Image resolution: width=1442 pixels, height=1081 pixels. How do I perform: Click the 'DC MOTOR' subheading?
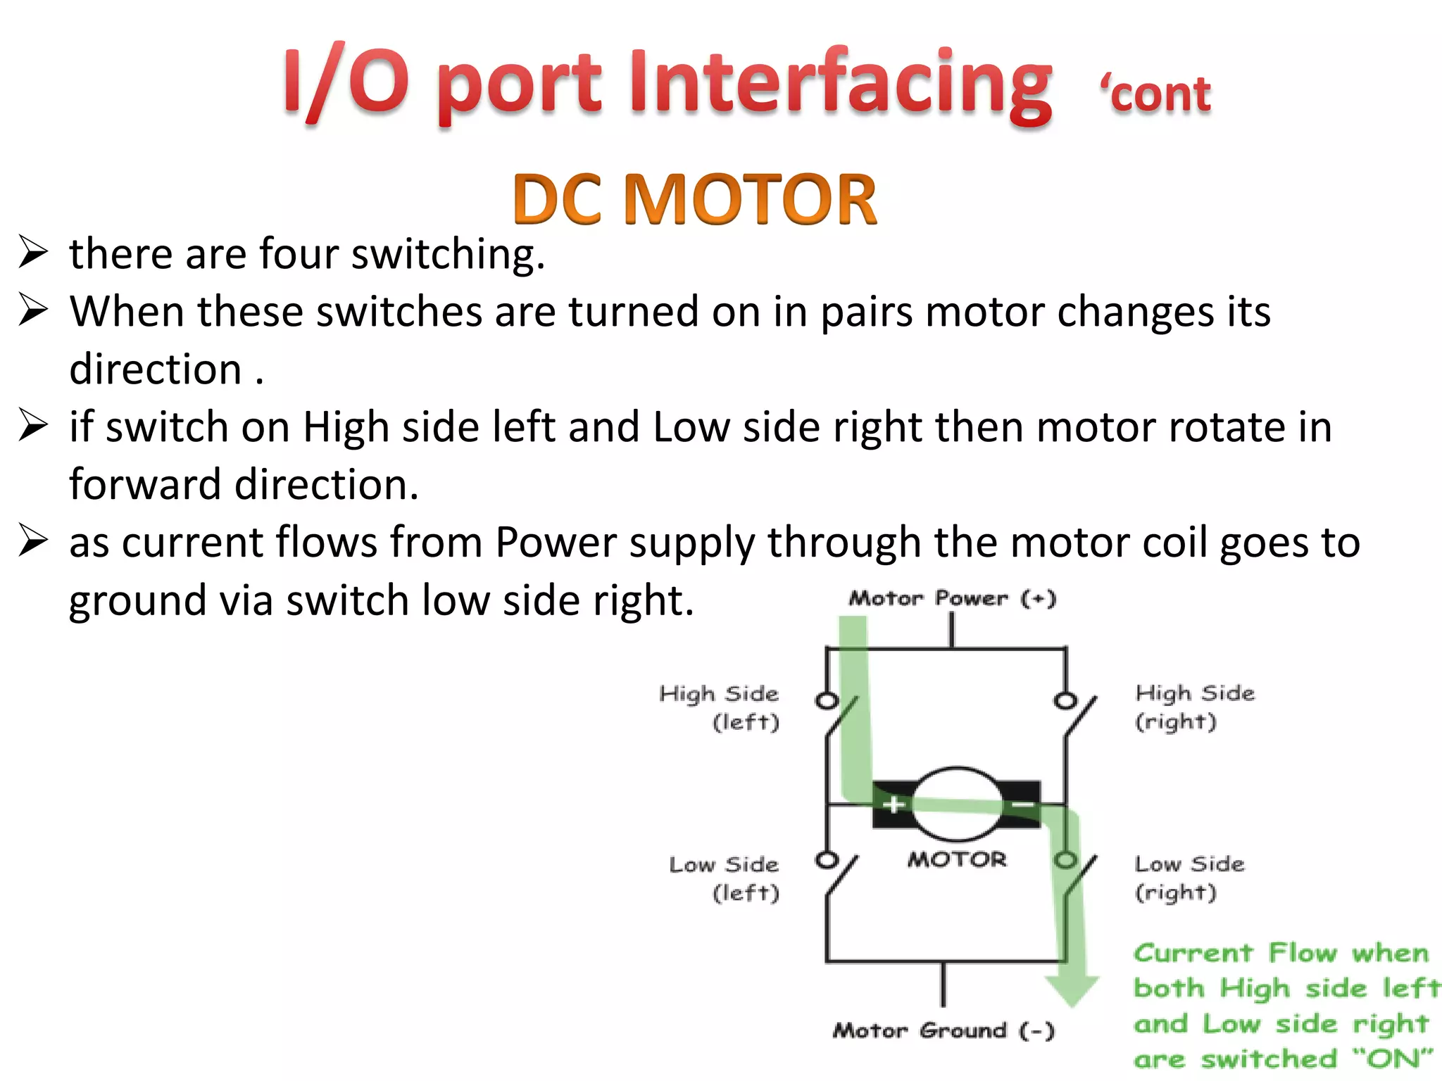click(x=695, y=200)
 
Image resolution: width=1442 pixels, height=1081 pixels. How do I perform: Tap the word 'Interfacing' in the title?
click(x=841, y=84)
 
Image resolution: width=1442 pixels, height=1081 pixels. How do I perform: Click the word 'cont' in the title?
click(x=1160, y=94)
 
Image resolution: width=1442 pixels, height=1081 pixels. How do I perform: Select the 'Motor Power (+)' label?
click(x=952, y=599)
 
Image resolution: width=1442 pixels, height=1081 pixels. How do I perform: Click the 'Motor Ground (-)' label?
click(x=943, y=1031)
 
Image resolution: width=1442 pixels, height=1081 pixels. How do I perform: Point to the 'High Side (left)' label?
click(x=720, y=707)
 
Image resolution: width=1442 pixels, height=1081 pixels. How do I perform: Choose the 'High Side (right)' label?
click(x=1194, y=707)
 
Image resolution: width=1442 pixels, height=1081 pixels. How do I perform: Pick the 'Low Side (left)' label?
click(x=725, y=878)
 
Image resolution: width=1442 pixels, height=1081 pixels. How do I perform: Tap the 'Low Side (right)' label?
click(x=1189, y=878)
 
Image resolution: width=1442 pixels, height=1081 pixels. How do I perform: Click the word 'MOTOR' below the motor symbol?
click(x=957, y=859)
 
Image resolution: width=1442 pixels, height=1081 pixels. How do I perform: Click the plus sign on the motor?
click(x=894, y=804)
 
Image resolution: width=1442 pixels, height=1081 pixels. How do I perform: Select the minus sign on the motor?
click(x=1022, y=804)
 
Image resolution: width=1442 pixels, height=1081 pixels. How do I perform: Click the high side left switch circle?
click(x=827, y=701)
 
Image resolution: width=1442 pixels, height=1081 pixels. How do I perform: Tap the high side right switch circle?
click(x=1065, y=701)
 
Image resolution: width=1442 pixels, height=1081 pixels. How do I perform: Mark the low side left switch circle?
click(x=827, y=860)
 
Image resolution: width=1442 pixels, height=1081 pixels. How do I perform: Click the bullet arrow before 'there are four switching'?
click(x=33, y=253)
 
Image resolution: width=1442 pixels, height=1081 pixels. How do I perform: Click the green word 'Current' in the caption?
click(x=1193, y=954)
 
